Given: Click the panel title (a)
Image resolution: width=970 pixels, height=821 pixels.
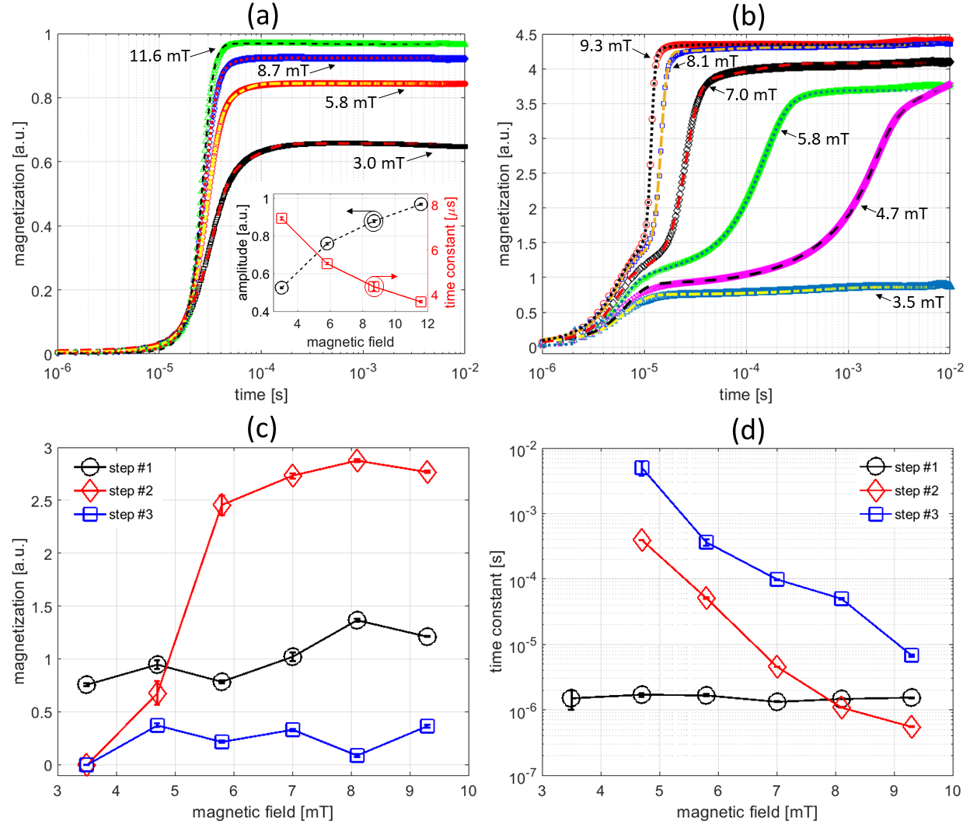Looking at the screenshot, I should (262, 15).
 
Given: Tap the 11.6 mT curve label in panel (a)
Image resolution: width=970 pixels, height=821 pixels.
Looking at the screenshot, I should (159, 55).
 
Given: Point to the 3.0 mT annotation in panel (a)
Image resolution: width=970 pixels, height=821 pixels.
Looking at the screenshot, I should (379, 162).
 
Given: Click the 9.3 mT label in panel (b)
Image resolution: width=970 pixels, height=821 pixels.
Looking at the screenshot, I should (605, 46).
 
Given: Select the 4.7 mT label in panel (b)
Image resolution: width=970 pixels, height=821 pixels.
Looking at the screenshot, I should (902, 213).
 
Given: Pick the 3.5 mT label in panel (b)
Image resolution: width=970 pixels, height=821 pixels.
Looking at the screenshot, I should (918, 302).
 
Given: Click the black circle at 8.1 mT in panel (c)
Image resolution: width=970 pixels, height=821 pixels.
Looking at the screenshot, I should (357, 620).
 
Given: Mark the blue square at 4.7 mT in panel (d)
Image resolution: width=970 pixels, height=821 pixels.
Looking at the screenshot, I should (641, 468).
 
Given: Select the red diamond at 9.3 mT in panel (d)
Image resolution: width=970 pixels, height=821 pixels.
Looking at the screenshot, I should (912, 727).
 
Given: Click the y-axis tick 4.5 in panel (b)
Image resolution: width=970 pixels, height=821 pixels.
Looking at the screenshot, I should (526, 36).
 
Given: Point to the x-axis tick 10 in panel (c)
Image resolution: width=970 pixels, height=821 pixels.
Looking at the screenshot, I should (468, 791).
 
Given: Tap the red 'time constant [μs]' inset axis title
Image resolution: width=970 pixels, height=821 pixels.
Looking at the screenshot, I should (450, 253).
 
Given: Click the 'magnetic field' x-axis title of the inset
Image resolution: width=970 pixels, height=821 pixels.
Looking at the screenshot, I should (350, 342).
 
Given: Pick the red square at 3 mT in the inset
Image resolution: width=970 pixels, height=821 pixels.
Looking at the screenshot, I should (282, 218).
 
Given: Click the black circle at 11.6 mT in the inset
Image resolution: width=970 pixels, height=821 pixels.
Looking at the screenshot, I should (420, 204).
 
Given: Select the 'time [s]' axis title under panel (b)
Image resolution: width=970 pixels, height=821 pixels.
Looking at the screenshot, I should (745, 394).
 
